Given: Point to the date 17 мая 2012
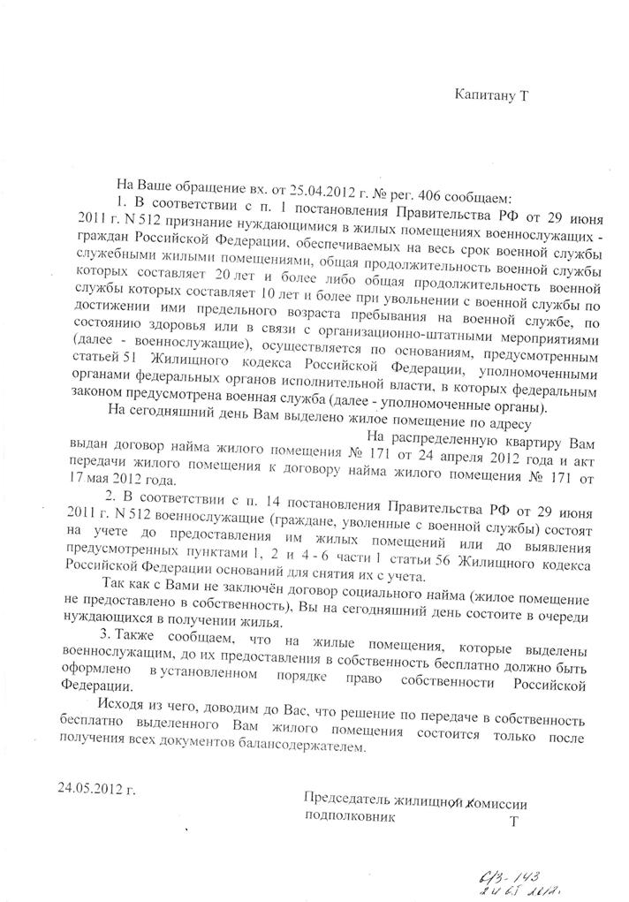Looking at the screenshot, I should point(116,481).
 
